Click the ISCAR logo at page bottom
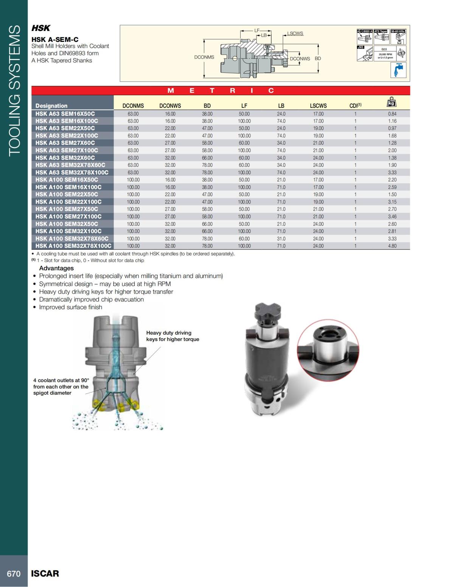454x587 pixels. [x=45, y=573]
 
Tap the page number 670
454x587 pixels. [x=14, y=574]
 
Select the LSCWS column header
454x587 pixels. [x=318, y=106]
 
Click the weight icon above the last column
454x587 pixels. [x=392, y=102]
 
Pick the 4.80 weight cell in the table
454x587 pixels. [x=392, y=246]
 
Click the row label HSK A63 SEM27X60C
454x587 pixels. [x=65, y=143]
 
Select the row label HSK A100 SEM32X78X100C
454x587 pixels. [x=73, y=246]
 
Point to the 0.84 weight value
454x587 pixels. [x=392, y=114]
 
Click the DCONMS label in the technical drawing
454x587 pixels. [x=204, y=57]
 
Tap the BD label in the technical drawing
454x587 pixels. [x=318, y=59]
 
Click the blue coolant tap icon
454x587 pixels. [x=398, y=70]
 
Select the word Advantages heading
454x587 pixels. [x=56, y=268]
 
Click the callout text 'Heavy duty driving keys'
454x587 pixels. [x=173, y=336]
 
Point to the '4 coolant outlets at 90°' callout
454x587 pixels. [x=61, y=386]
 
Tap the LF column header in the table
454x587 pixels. [x=244, y=106]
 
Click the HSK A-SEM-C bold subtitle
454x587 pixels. [x=55, y=39]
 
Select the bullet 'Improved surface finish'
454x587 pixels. [x=70, y=307]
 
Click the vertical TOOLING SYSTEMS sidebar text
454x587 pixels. [x=14, y=90]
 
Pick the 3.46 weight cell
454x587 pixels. [x=392, y=217]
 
